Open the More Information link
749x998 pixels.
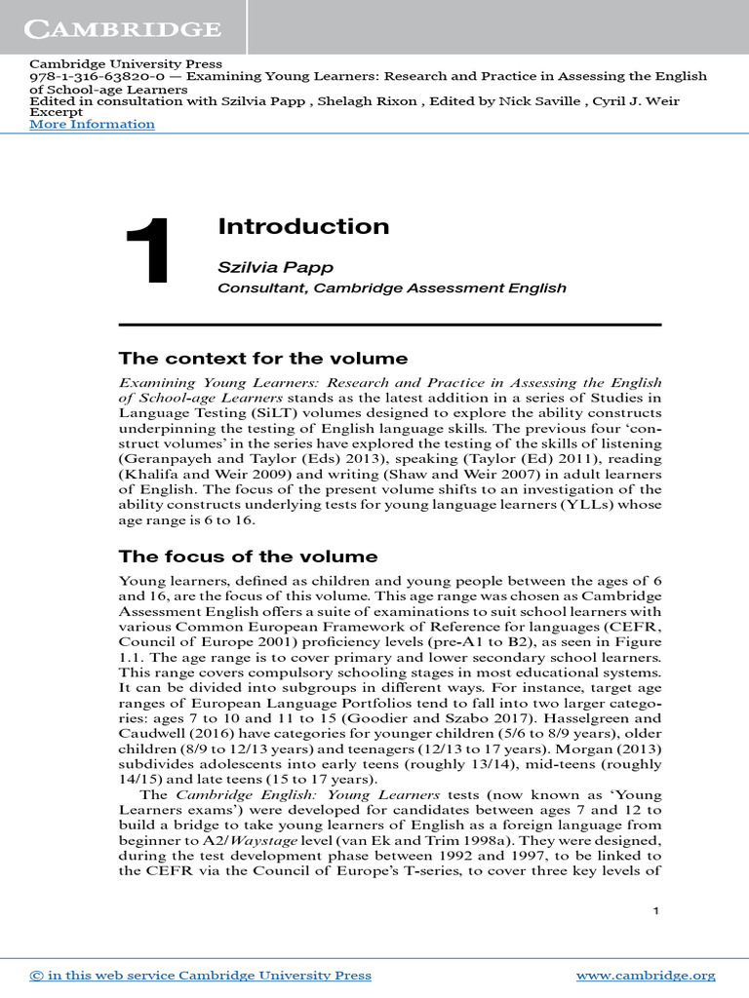coord(92,124)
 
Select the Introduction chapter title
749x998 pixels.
coord(303,227)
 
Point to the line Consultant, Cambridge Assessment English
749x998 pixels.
coord(391,288)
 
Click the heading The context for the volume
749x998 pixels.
coord(262,358)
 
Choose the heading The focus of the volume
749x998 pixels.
coord(248,557)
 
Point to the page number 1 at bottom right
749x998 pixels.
coord(656,910)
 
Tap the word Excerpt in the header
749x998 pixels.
coord(57,112)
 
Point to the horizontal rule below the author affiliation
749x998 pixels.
coord(390,325)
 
